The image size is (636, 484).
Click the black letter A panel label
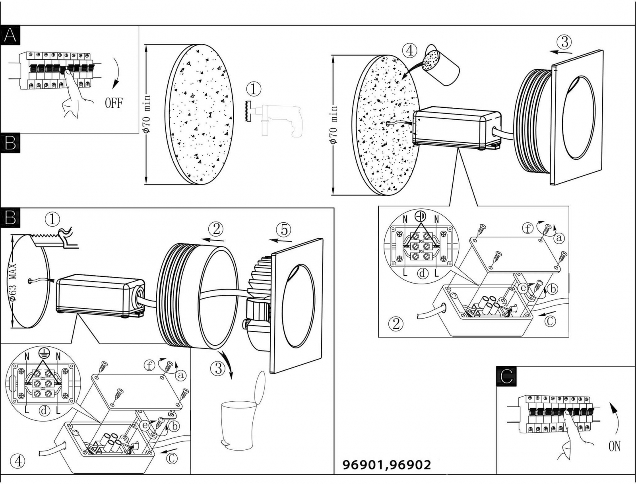click(10, 35)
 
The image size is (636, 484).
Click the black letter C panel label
click(506, 376)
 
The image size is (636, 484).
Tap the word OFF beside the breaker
click(114, 103)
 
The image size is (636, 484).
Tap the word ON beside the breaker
click(614, 447)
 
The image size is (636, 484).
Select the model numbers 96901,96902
click(386, 465)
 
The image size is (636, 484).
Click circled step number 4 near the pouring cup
click(409, 51)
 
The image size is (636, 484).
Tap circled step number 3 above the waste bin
click(218, 368)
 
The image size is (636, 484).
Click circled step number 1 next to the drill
click(254, 88)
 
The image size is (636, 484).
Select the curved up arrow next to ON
click(615, 416)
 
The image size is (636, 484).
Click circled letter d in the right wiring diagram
click(423, 273)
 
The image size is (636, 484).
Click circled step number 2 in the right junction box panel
click(396, 324)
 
